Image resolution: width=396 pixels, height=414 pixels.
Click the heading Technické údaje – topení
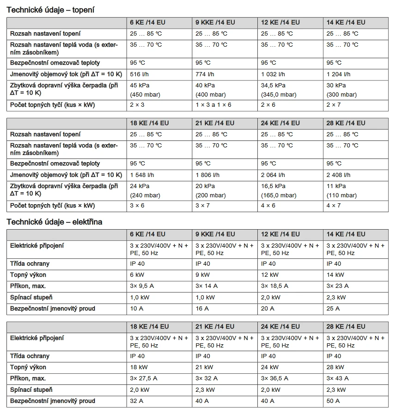tap(50, 10)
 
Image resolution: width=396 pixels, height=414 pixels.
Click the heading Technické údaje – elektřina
tap(54, 222)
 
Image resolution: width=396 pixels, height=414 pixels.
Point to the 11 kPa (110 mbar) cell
tap(341, 190)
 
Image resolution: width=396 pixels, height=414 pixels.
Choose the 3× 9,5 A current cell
tap(142, 286)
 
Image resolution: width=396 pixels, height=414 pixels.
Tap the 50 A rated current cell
tap(333, 401)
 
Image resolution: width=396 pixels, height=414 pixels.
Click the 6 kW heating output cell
tap(137, 275)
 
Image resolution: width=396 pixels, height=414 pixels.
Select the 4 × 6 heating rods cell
tap(268, 206)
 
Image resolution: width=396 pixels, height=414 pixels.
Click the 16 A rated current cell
tap(202, 309)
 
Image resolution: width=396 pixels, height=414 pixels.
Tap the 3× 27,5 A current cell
tap(144, 378)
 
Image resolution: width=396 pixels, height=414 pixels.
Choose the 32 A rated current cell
tap(137, 401)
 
